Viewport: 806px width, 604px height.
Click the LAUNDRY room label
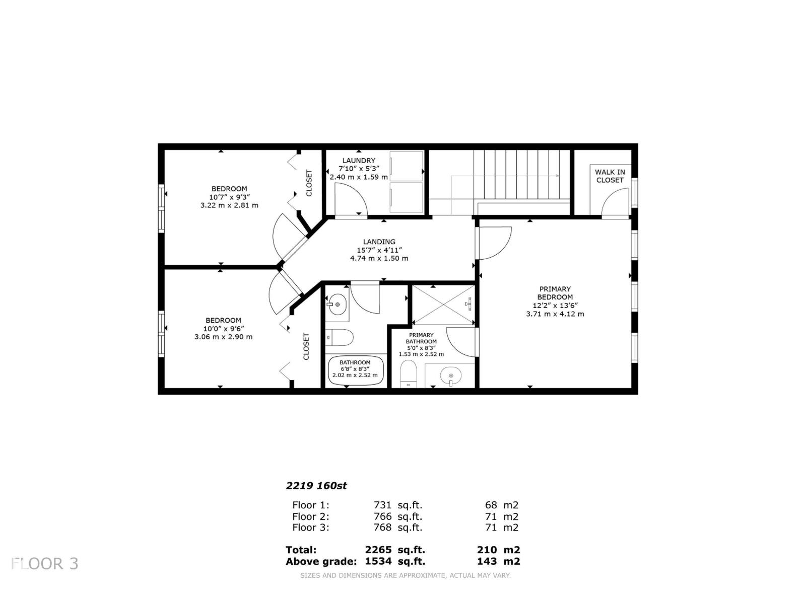(359, 161)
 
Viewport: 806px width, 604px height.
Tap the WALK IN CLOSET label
(610, 176)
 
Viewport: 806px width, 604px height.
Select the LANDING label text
(379, 242)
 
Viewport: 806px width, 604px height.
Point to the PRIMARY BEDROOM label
(555, 293)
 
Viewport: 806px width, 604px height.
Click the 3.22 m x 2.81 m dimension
(229, 205)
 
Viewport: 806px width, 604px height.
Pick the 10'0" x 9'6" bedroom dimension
(223, 329)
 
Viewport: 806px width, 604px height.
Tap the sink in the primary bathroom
(450, 375)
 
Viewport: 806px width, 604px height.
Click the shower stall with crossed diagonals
(443, 305)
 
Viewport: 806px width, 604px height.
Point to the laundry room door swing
(350, 199)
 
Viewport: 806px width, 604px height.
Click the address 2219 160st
(316, 486)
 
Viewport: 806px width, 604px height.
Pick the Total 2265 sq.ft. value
(394, 550)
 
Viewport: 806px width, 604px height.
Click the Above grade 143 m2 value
(498, 562)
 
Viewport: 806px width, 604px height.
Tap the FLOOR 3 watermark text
(45, 564)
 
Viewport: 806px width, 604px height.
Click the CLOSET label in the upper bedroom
(309, 183)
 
